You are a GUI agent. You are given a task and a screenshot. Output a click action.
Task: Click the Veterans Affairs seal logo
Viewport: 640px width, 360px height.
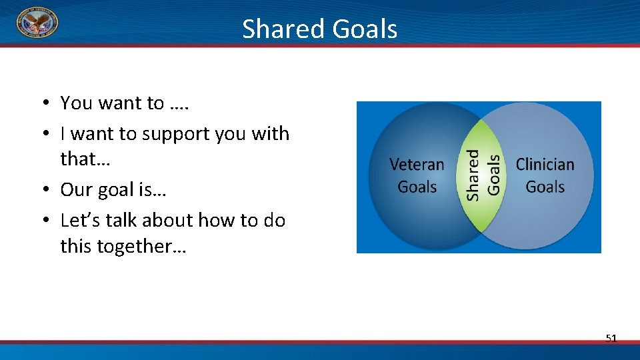coord(37,22)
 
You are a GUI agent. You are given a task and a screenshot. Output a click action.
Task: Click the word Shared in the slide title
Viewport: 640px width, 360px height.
coord(283,29)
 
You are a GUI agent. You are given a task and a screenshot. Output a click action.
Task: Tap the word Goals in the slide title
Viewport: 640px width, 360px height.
coord(365,29)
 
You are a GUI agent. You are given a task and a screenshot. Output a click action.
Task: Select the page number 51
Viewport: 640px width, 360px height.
coord(611,338)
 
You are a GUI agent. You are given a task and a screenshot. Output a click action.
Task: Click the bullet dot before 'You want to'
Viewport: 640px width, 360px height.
coord(46,102)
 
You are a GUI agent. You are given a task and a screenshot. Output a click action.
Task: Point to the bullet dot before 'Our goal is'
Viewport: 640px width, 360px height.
coord(46,189)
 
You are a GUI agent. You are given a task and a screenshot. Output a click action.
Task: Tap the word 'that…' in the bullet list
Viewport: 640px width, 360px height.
coord(85,159)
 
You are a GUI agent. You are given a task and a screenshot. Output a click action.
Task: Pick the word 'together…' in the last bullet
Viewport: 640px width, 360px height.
coord(141,247)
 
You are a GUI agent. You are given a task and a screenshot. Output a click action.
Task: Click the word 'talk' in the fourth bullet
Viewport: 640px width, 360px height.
coord(121,220)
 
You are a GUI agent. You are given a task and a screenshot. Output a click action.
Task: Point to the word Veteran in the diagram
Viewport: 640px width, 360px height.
coord(417,165)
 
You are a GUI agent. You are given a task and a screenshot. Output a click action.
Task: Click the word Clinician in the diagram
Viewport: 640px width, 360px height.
coord(545,165)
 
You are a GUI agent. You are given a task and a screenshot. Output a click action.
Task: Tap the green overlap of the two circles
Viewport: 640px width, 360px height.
coord(481,175)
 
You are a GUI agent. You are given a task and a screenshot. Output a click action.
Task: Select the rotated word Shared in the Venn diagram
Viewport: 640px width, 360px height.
coord(473,175)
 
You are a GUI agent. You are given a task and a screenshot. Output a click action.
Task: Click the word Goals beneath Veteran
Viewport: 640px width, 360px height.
coord(417,187)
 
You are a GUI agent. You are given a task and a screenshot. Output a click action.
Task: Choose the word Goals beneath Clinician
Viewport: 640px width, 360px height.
coord(545,187)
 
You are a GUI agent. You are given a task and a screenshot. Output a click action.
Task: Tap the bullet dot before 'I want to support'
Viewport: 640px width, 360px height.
coord(46,133)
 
